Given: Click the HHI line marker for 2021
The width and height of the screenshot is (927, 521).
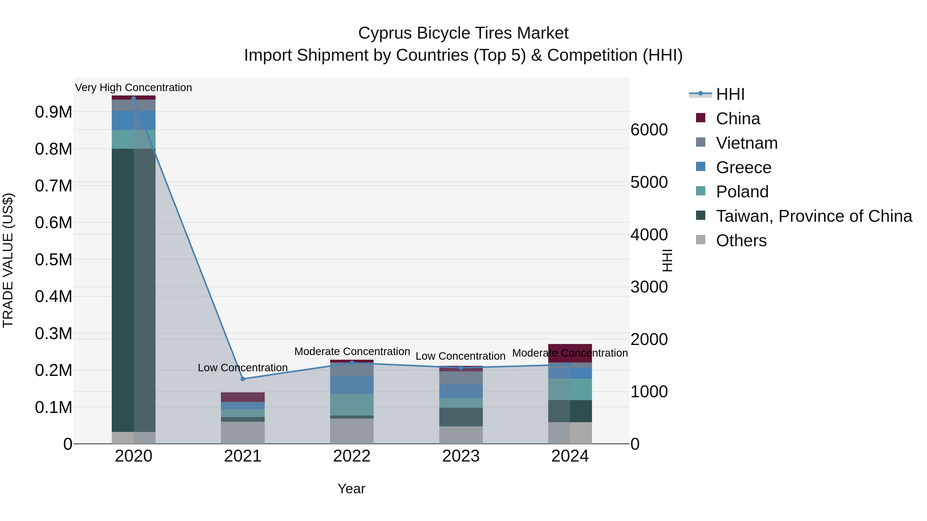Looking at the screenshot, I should point(243,379).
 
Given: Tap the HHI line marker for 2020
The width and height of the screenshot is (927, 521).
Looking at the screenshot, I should point(133,98).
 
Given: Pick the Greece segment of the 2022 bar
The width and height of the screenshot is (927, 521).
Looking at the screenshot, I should point(351,384).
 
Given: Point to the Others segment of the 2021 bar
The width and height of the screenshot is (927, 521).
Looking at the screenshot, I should point(243,432).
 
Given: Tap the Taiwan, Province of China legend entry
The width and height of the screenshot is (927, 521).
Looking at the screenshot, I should point(813,216).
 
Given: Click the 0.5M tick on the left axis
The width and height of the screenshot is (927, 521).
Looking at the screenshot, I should point(53,260).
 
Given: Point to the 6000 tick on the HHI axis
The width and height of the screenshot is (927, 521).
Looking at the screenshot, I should point(649,130).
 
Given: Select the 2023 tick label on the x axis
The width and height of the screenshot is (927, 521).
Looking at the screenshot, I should point(461,456).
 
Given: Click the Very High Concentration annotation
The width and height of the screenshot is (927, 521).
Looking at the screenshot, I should point(133,87).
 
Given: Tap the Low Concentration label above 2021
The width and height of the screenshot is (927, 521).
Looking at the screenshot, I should point(243,367).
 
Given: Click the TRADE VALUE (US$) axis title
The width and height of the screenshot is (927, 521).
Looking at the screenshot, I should point(8,260).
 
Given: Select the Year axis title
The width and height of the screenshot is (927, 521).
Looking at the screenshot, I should point(351,489).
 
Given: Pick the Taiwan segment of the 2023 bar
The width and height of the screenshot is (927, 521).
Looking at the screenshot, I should point(461,417).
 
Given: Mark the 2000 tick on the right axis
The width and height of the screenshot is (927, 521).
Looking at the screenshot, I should point(649,339).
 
